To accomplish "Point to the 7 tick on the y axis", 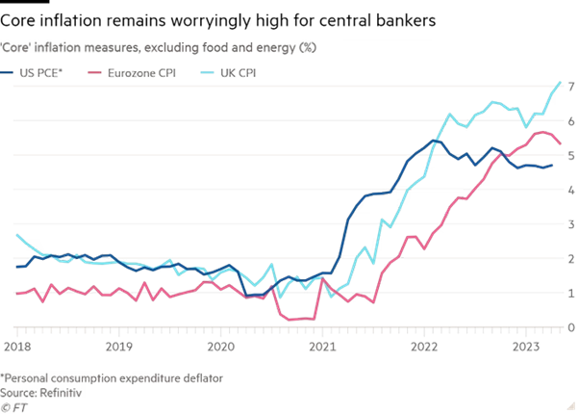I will pos(570,88).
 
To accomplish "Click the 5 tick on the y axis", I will pos(570,156).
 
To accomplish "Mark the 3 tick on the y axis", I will pos(570,224).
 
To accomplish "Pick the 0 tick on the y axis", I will pos(570,327).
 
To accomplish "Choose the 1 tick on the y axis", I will pos(570,293).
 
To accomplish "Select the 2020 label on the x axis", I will pos(220,343).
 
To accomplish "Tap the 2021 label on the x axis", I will pos(322,343).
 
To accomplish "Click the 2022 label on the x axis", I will pos(423,343).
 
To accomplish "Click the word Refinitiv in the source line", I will pos(63,392).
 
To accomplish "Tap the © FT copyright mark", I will pos(14,405).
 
